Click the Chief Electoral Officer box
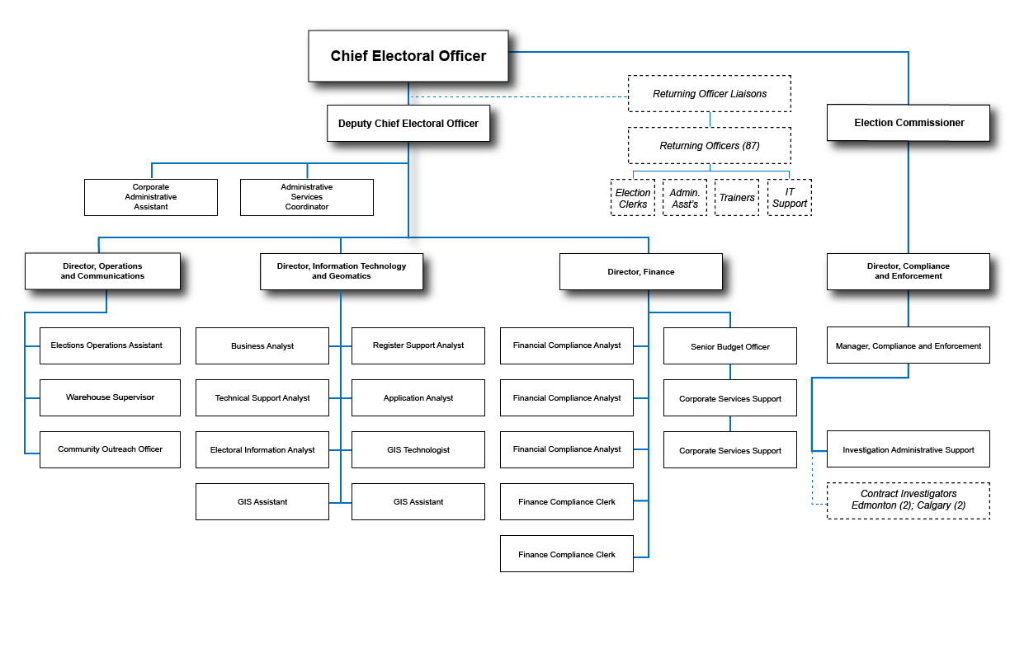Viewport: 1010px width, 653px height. [x=408, y=56]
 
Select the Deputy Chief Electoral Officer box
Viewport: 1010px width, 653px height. [x=408, y=124]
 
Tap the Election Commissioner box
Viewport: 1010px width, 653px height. [x=909, y=123]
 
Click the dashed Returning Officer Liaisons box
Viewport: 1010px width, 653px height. [x=710, y=94]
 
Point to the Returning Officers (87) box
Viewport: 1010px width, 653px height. [x=710, y=146]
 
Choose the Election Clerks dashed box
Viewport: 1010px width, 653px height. [x=633, y=198]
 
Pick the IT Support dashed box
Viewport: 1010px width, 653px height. [x=790, y=198]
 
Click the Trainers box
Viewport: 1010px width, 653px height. [x=737, y=198]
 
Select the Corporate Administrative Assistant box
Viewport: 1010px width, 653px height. [x=151, y=198]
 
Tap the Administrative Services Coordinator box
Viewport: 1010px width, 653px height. [x=307, y=198]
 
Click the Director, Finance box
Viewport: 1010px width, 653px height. [x=641, y=272]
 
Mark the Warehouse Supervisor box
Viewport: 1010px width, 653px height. [x=111, y=397]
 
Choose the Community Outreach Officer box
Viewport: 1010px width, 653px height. [x=111, y=449]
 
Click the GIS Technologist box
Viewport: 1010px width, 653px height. [x=418, y=450]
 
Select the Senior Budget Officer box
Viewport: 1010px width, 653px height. [x=730, y=346]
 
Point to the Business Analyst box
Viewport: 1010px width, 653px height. [x=262, y=346]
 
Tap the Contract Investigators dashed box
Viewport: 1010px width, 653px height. [x=909, y=500]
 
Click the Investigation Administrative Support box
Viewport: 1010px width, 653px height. [x=909, y=450]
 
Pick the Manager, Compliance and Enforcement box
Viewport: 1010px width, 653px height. [x=909, y=346]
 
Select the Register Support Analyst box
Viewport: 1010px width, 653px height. [x=418, y=345]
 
